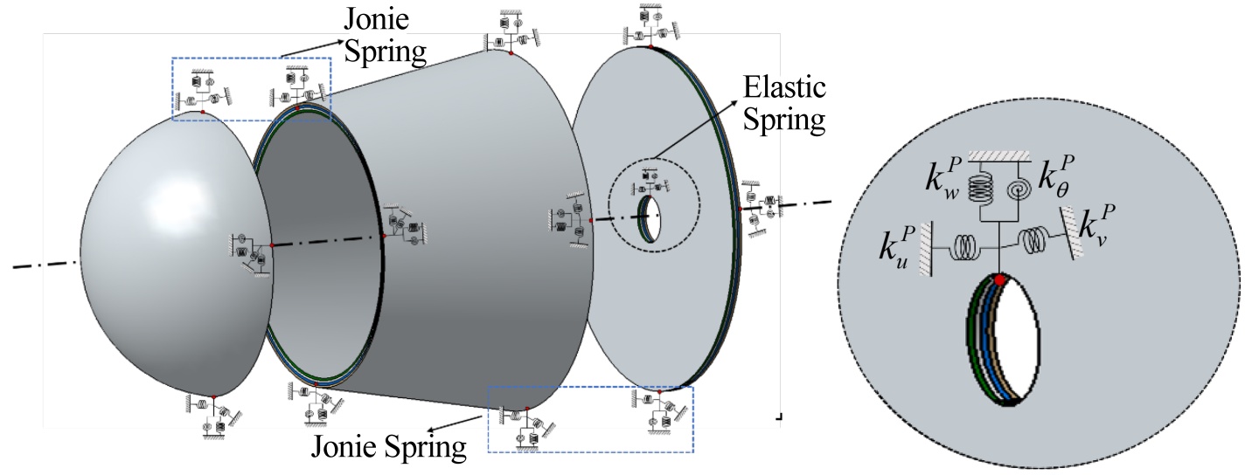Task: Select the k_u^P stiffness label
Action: tap(898, 247)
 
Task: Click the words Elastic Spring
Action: tap(783, 103)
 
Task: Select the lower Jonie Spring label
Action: tap(388, 449)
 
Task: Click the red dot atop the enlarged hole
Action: tap(998, 280)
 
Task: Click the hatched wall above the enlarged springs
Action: tap(1000, 155)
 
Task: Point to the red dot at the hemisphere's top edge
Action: tap(203, 113)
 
